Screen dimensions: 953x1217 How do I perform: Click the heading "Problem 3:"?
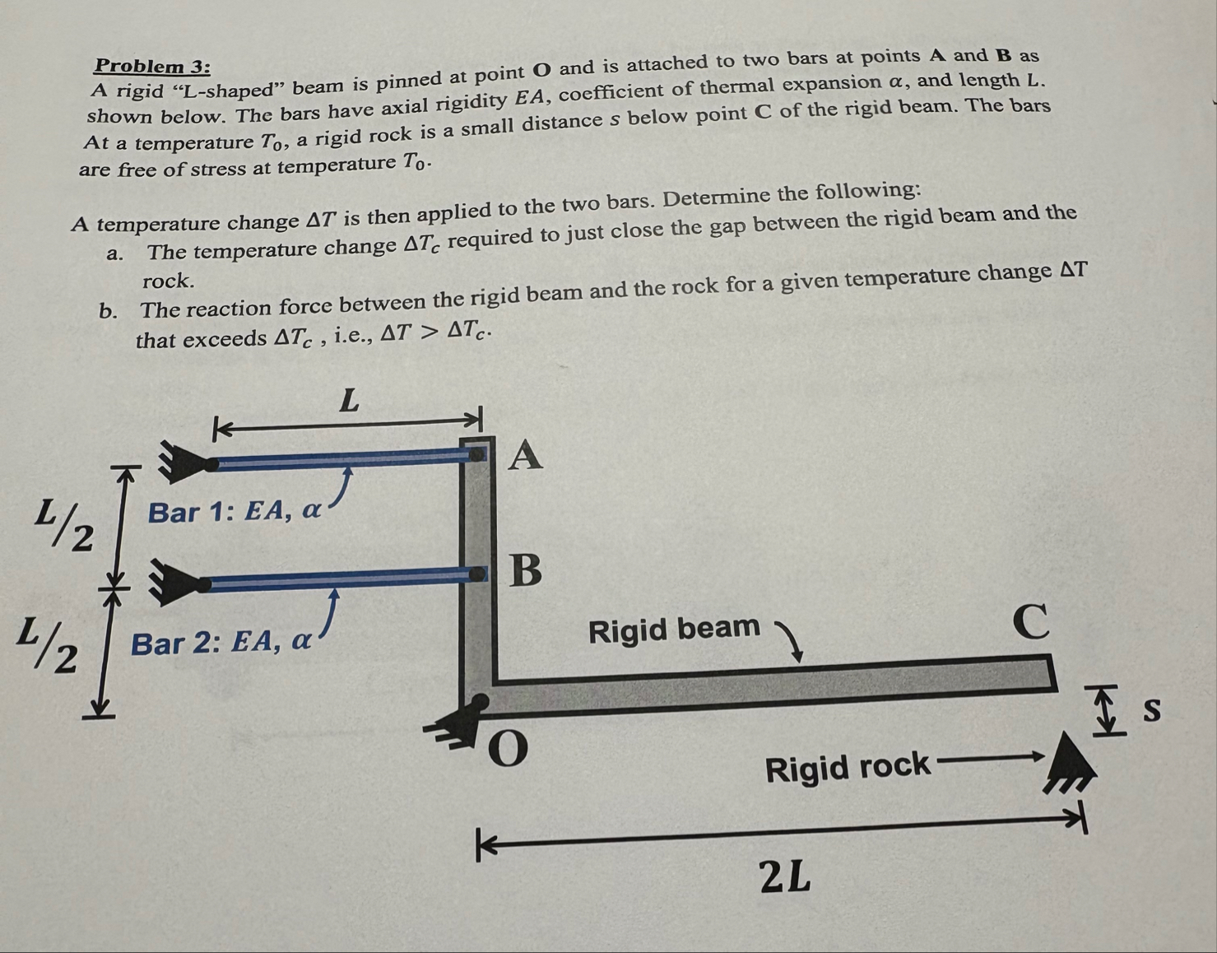(x=152, y=66)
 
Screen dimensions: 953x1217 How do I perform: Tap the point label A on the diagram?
(x=526, y=455)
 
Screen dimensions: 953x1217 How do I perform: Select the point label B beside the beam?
(x=527, y=569)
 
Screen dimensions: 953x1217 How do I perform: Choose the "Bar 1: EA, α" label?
(x=235, y=512)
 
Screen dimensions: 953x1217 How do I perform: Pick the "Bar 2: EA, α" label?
(x=221, y=641)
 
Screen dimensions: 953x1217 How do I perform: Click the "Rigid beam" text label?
(x=674, y=629)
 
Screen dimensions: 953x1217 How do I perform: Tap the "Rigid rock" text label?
(x=848, y=769)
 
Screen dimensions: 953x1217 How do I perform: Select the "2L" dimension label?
(x=786, y=878)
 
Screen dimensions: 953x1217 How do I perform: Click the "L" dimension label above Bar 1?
(x=350, y=402)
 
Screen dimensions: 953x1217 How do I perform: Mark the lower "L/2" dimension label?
(x=51, y=645)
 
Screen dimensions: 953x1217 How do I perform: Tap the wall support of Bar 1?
(x=181, y=463)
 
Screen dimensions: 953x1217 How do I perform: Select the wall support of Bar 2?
(x=175, y=582)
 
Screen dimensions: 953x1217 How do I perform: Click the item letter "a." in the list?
(x=115, y=253)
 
